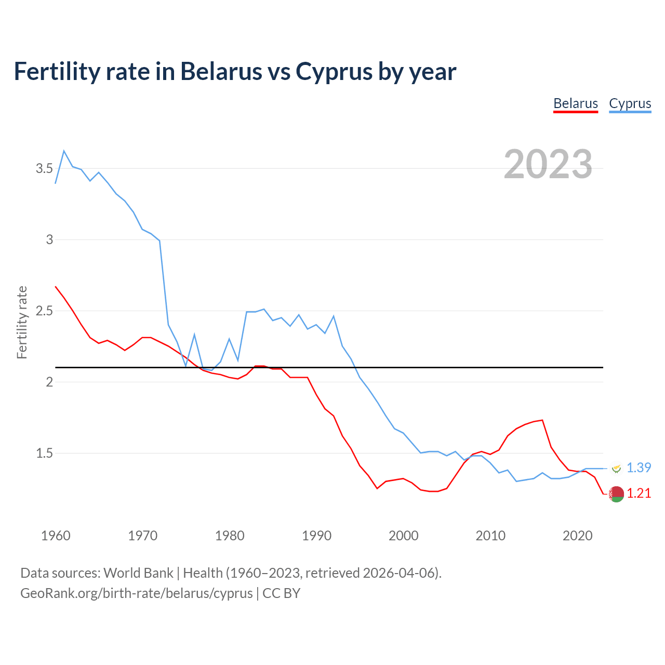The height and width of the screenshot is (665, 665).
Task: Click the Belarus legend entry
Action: click(576, 103)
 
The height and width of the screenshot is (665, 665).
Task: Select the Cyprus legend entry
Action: click(630, 103)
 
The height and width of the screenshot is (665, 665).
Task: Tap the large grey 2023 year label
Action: click(548, 164)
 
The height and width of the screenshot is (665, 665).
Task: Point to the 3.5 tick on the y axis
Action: click(44, 168)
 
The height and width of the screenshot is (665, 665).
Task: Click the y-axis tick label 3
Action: click(50, 240)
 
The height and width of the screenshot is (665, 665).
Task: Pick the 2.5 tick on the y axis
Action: click(44, 311)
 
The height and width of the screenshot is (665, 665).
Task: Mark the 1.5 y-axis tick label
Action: click(44, 453)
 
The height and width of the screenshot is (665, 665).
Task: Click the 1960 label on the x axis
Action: click(56, 536)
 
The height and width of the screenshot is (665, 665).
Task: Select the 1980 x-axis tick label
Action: click(230, 536)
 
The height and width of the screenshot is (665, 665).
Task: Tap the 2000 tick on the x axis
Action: click(403, 536)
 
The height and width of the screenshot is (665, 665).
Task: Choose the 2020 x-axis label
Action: click(577, 536)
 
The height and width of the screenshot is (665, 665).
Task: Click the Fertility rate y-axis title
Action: click(22, 322)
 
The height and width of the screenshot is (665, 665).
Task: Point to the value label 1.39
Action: click(639, 468)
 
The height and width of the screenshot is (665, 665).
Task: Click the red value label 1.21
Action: click(639, 493)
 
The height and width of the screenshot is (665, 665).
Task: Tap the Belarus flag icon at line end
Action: click(616, 494)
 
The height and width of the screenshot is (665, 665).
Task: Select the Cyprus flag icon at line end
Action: click(616, 468)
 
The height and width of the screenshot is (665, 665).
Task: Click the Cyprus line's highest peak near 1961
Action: click(64, 151)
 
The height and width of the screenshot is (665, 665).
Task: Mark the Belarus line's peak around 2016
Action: click(542, 420)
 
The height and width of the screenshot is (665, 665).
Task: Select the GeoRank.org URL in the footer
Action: click(137, 593)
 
